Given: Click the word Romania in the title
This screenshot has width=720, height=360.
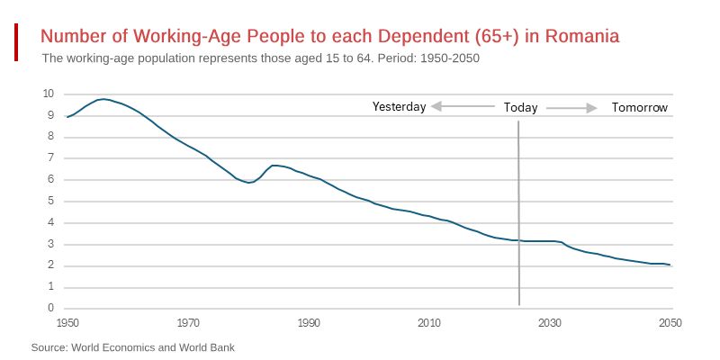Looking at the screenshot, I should (582, 37).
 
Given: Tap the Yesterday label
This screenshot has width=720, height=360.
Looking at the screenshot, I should (399, 107).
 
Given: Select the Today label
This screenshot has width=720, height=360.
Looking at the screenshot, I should (520, 108).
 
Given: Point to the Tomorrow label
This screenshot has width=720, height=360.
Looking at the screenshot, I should (640, 108).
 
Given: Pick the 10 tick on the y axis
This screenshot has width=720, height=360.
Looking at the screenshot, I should (49, 94).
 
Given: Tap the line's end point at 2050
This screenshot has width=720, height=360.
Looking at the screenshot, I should (670, 265).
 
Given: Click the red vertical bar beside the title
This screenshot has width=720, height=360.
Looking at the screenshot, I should (16, 42).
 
